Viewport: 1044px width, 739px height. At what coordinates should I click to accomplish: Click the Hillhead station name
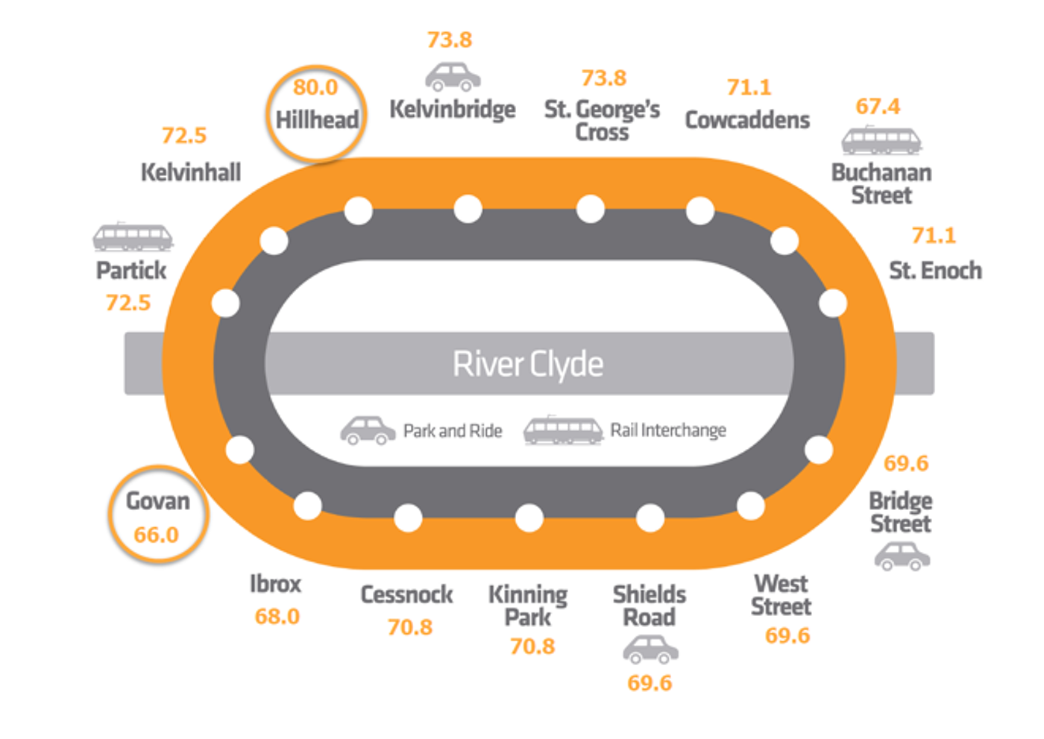(x=317, y=119)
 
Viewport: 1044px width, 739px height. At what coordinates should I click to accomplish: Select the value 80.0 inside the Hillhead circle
(x=315, y=87)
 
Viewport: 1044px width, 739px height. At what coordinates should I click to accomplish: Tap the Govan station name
(x=157, y=501)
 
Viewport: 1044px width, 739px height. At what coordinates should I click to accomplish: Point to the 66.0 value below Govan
(x=157, y=535)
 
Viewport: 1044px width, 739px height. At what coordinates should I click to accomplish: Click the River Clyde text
(x=528, y=364)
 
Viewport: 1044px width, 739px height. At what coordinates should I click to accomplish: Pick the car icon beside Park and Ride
(x=368, y=430)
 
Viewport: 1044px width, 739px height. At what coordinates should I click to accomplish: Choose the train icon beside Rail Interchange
(x=563, y=430)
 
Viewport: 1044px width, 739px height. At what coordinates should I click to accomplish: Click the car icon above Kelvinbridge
(x=453, y=76)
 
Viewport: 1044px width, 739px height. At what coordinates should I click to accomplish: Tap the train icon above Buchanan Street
(x=881, y=140)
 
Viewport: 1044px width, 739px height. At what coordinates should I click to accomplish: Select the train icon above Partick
(x=133, y=237)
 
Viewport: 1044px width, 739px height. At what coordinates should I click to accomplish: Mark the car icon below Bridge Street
(x=902, y=556)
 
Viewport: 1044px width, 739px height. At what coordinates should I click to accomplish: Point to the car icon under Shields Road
(x=650, y=650)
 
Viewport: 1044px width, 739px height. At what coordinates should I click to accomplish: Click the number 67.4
(x=878, y=107)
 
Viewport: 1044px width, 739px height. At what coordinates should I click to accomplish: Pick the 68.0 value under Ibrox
(x=277, y=617)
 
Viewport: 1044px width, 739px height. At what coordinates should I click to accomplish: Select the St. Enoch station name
(x=935, y=271)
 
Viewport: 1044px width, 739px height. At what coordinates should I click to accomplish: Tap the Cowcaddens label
(x=747, y=120)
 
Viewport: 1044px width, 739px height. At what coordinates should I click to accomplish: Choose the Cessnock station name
(x=407, y=595)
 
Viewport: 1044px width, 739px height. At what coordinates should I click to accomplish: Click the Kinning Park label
(x=528, y=606)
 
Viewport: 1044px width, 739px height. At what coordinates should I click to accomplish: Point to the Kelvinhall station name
(x=191, y=173)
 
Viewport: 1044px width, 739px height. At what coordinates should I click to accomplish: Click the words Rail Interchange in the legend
(x=668, y=430)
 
